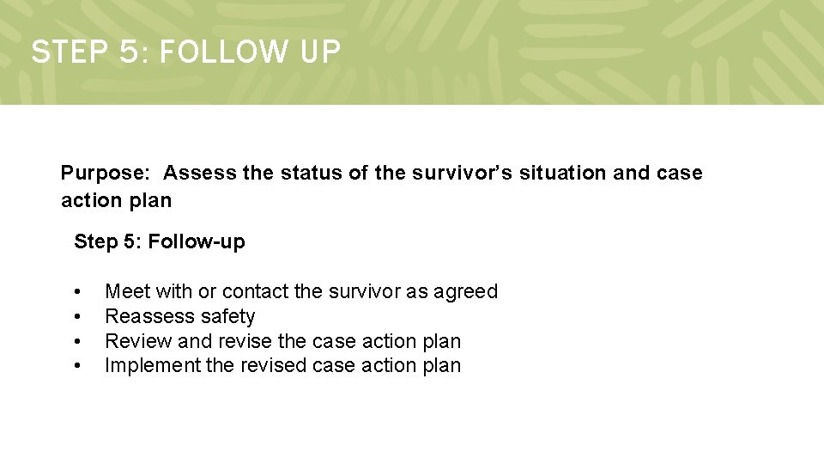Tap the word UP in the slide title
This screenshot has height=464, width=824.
[320, 52]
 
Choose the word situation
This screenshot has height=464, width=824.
[562, 173]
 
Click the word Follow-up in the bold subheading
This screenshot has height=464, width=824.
[197, 241]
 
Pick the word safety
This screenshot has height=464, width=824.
[227, 317]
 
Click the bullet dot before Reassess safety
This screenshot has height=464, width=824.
[78, 317]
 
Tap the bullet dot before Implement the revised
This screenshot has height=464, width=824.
[78, 366]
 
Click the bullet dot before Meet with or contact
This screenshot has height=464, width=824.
[78, 292]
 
